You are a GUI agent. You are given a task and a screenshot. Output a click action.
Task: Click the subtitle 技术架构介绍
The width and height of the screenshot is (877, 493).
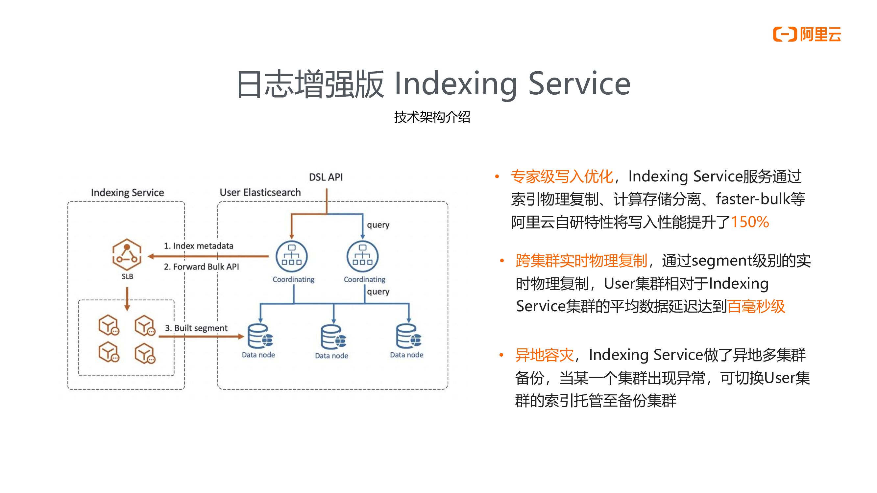[x=432, y=117]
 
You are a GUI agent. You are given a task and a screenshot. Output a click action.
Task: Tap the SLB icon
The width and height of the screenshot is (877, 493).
[x=127, y=255]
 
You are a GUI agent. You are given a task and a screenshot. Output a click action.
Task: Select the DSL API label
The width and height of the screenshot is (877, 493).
[x=326, y=177]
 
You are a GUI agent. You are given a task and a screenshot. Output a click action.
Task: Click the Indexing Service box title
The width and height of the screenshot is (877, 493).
[x=127, y=193]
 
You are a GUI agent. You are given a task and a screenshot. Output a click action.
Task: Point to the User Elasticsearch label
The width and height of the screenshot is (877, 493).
[x=260, y=193]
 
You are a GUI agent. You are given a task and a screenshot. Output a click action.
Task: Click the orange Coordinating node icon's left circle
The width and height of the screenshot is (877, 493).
[x=291, y=257]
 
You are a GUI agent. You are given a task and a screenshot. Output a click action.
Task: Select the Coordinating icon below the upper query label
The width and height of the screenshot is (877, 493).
[x=363, y=257]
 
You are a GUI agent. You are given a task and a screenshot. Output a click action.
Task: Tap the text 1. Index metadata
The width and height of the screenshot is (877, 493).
[x=199, y=246]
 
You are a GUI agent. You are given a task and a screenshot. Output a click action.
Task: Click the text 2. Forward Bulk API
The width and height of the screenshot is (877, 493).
[x=201, y=267]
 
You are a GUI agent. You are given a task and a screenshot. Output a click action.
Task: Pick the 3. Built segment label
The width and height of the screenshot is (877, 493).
[x=196, y=328]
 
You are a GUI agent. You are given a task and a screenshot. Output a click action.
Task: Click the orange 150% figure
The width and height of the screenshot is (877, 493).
[x=750, y=222]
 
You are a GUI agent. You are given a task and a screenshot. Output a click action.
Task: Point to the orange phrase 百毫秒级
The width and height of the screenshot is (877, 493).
[x=756, y=306]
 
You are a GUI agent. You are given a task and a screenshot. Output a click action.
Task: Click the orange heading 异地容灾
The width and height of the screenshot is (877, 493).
[x=544, y=355]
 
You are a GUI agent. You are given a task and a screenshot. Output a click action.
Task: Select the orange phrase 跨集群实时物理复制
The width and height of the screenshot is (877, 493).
[x=581, y=261]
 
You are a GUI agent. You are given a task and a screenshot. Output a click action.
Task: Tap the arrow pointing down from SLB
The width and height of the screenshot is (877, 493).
[x=127, y=299]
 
